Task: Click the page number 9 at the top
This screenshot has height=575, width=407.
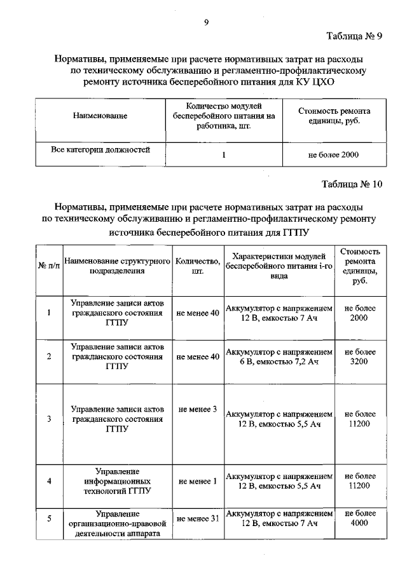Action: [x=205, y=23]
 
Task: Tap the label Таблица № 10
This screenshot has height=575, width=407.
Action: [x=352, y=186]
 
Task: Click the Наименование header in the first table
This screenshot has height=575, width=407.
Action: [x=100, y=116]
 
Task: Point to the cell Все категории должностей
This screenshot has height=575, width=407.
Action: [x=100, y=151]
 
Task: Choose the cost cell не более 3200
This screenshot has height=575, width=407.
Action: [x=359, y=356]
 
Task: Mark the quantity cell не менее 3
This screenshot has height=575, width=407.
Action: [x=198, y=409]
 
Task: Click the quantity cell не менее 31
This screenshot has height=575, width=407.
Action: [x=198, y=518]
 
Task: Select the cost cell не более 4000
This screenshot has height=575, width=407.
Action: [x=359, y=518]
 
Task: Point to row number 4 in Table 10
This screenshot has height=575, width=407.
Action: [x=49, y=481]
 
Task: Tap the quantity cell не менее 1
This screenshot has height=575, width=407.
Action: [x=198, y=481]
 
